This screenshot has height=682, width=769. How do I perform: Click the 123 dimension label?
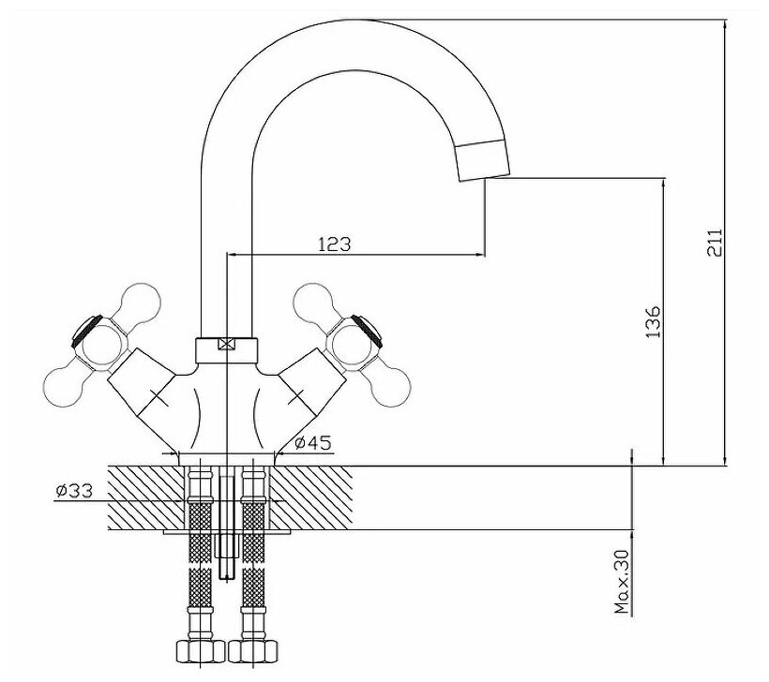(334, 245)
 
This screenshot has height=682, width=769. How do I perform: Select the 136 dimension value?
(654, 322)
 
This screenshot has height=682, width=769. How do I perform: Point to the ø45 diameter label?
(311, 443)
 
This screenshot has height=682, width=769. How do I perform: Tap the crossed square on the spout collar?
(225, 344)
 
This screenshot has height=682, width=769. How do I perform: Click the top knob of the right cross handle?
(309, 302)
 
